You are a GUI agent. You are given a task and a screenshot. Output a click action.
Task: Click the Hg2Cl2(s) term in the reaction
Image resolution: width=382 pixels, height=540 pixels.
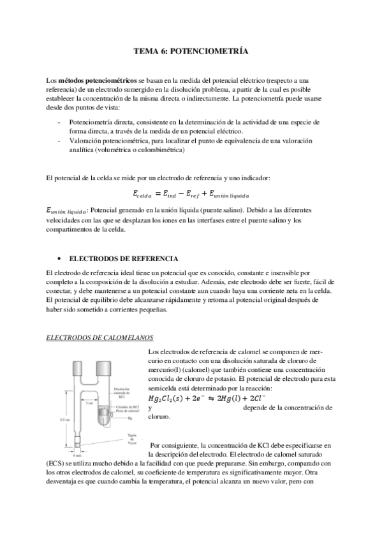click(167, 398)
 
